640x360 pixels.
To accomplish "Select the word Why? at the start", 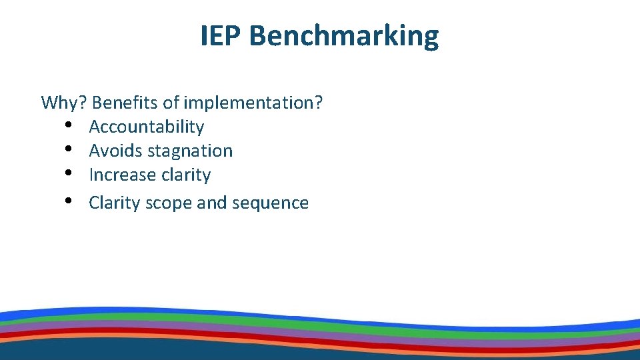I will tap(64, 103).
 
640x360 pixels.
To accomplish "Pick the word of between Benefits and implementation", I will tap(171, 103).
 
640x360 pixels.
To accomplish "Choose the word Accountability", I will tap(146, 127).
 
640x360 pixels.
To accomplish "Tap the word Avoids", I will tap(115, 151).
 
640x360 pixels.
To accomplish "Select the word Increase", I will tap(121, 175).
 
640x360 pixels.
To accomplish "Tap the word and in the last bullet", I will tap(213, 203).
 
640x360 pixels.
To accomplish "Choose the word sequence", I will tap(270, 203).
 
